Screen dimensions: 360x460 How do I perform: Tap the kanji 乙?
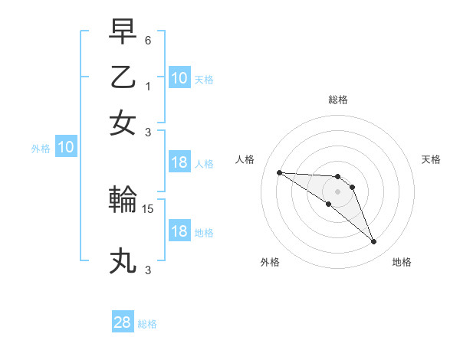pos(123,77)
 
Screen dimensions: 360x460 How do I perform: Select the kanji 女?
pos(123,123)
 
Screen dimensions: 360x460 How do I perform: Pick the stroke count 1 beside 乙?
pos(149,87)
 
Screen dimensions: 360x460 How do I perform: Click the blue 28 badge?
pos(123,322)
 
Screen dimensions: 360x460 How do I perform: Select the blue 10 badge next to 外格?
pos(66,148)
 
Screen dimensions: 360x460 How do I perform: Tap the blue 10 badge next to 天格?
pos(179,78)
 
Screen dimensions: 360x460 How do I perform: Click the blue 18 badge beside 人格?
pos(179,162)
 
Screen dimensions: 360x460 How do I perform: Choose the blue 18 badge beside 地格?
pos(179,231)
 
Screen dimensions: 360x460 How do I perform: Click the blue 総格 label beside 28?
pos(147,324)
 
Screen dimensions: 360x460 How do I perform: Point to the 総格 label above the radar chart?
pos(338,100)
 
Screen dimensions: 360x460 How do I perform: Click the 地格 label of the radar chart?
pos(402,263)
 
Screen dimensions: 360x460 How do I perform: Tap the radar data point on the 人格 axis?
pos(279,172)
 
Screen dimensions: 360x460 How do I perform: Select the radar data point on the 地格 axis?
pos(373,242)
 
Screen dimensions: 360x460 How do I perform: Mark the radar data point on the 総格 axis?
pos(338,173)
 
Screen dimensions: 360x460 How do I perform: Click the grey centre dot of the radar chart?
pos(338,191)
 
